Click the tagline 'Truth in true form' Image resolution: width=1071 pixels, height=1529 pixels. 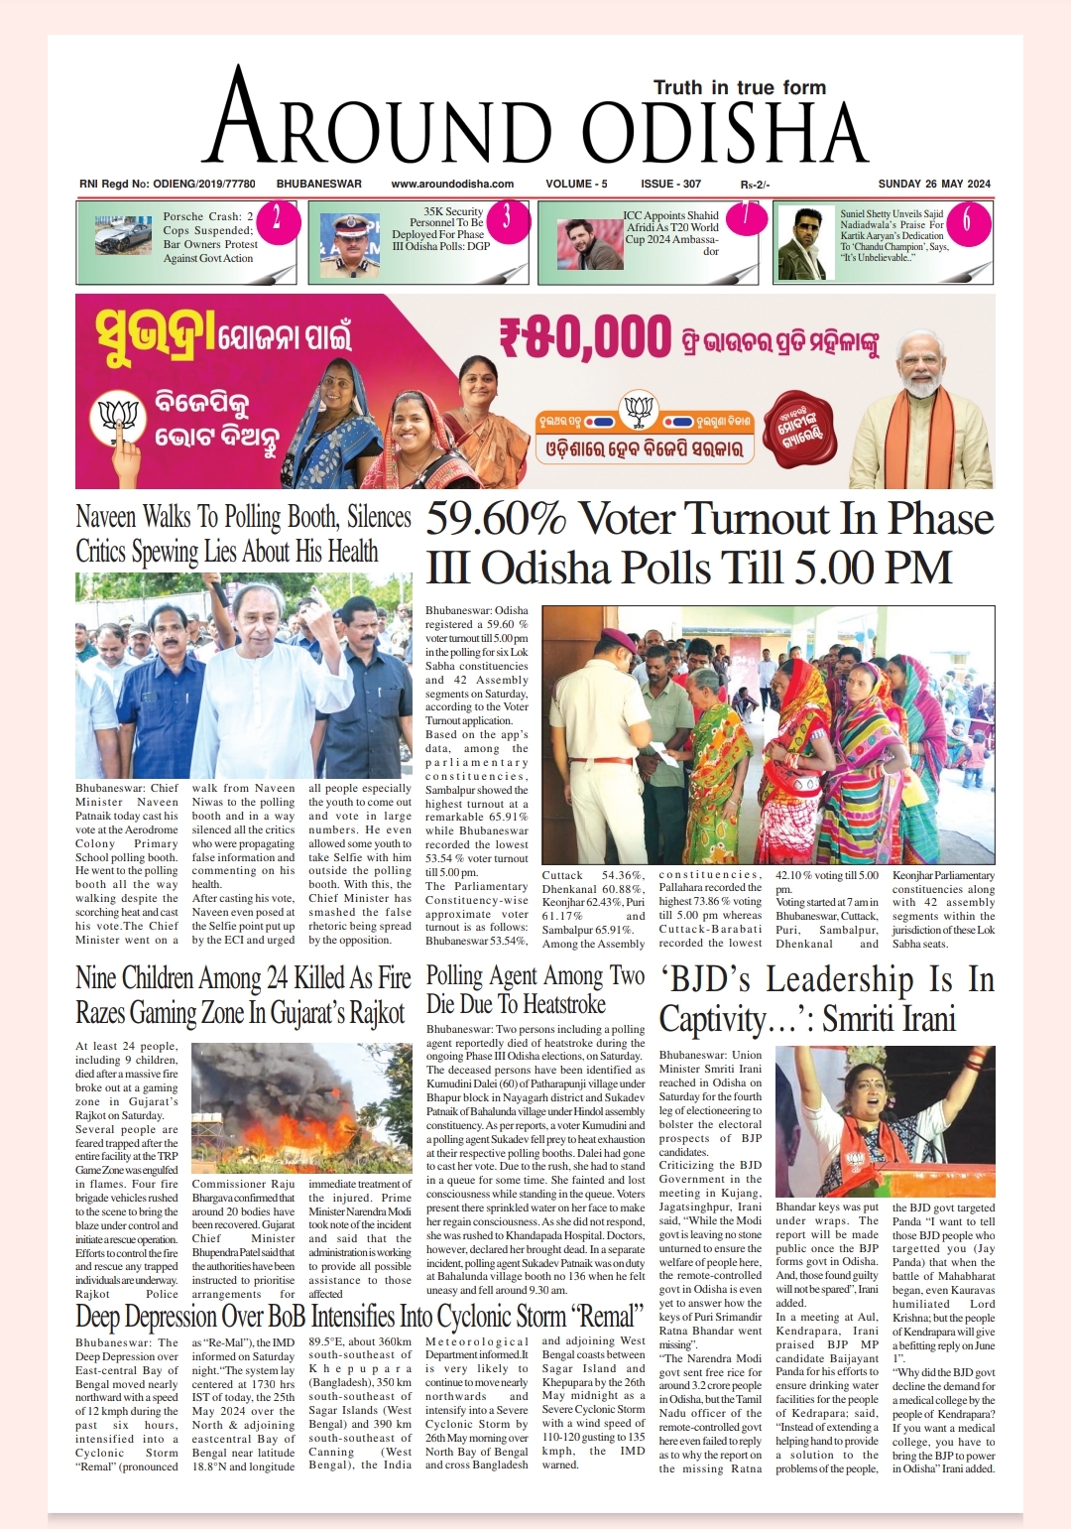click(739, 87)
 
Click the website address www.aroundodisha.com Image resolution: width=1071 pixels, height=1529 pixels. click(452, 184)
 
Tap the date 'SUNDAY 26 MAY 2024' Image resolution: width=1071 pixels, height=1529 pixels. click(934, 184)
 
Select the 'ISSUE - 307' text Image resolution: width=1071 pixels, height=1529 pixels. click(670, 184)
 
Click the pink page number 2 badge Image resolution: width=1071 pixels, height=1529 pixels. click(277, 218)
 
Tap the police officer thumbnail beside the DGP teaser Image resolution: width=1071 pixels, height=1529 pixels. click(350, 242)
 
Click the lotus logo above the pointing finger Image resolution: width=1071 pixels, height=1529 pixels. click(118, 416)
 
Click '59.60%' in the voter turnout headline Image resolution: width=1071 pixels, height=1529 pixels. click(496, 519)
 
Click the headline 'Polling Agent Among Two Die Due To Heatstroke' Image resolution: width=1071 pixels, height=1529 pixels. click(535, 989)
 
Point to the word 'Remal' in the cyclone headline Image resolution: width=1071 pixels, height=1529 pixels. click(604, 1317)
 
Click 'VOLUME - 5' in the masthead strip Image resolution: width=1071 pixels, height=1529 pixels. click(576, 184)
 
